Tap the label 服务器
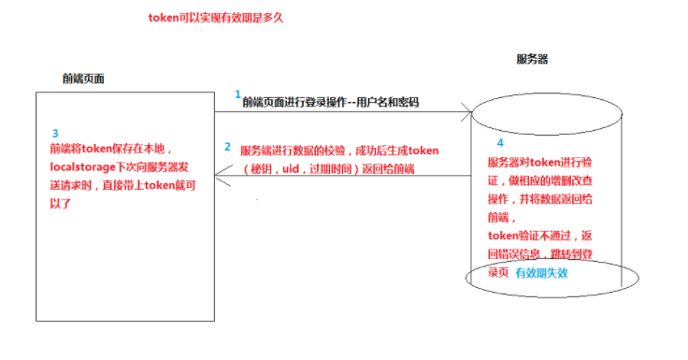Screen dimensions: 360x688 (532, 59)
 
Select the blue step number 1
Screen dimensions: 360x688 (237, 94)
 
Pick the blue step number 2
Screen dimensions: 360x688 (227, 147)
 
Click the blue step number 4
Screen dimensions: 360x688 (499, 142)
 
